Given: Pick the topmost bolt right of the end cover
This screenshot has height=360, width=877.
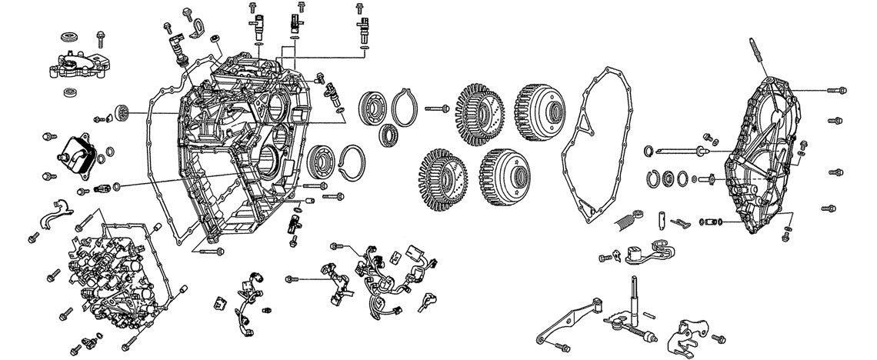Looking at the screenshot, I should (835, 91).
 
